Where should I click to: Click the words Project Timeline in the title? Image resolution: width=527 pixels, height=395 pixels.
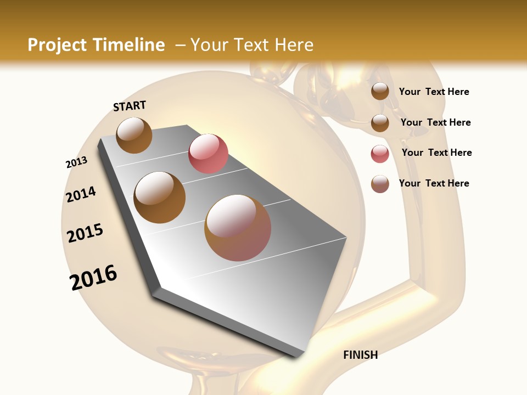coord(96,45)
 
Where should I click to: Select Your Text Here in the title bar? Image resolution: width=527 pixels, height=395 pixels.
coord(252,45)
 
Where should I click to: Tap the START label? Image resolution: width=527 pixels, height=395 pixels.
coord(130,106)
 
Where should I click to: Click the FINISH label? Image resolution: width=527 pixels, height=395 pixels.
coord(360,355)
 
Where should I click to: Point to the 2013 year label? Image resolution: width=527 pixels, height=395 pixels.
coord(76,162)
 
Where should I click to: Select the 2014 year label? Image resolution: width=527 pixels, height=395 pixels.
coord(81,194)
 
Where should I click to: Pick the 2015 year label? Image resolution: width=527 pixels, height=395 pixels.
coord(85,233)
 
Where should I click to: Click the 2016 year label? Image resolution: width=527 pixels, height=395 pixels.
coord(93,278)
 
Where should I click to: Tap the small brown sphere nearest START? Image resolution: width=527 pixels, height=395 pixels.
coord(134,135)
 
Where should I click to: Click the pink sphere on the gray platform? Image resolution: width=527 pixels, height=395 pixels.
coord(208,154)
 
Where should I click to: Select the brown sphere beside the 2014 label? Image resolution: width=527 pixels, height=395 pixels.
coord(160,198)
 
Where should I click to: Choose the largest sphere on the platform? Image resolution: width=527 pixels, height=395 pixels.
coord(238,228)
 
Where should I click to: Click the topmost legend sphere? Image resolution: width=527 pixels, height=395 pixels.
coord(380,91)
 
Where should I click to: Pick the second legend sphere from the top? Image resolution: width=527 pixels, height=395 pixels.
coord(380,123)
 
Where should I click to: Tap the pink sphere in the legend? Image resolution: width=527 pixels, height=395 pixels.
coord(380,154)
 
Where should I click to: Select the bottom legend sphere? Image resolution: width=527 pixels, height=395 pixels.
coord(380,184)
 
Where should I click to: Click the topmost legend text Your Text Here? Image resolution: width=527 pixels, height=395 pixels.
coord(434,92)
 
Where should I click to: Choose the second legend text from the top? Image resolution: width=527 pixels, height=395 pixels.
coord(435,122)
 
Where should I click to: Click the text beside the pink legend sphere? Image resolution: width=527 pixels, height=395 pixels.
coord(436,153)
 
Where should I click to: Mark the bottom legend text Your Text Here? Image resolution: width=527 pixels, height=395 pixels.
coord(434,183)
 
